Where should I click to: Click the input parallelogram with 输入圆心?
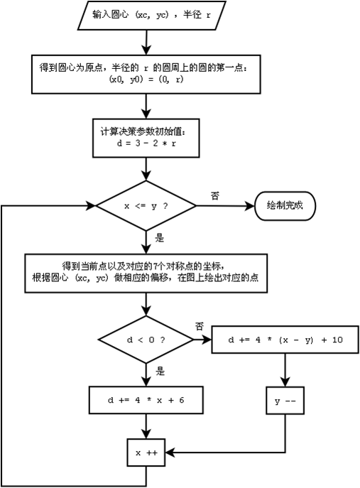pos(146,14)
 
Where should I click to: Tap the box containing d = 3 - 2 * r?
pos(146,137)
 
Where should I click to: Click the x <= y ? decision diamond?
pos(146,206)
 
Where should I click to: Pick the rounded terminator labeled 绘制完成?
pos(284,206)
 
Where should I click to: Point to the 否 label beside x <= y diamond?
pos(214,195)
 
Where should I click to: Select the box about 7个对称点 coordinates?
pos(146,272)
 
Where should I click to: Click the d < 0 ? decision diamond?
pos(146,340)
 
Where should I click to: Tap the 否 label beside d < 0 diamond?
pos(200,325)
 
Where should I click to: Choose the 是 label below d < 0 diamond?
pos(160,371)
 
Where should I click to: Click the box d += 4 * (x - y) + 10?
pos(285,340)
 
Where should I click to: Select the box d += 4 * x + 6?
pos(146,400)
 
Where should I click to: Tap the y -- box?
pos(285,401)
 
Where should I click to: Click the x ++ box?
pos(146,451)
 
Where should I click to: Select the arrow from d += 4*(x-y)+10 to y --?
pos(285,369)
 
